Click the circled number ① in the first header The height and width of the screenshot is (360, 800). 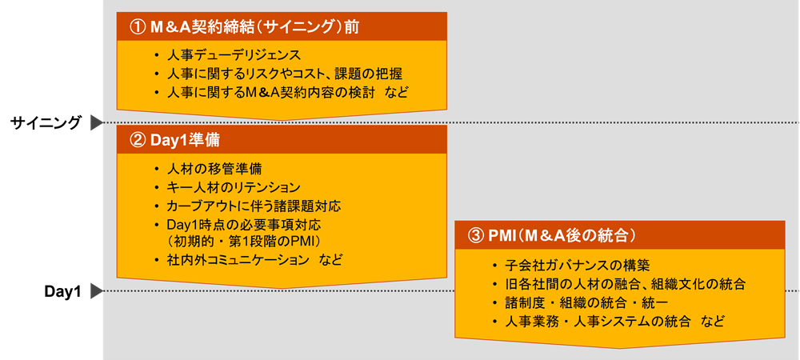(x=137, y=26)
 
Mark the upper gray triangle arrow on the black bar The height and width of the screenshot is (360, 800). (x=96, y=122)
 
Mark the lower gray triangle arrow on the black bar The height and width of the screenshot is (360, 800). (x=96, y=291)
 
